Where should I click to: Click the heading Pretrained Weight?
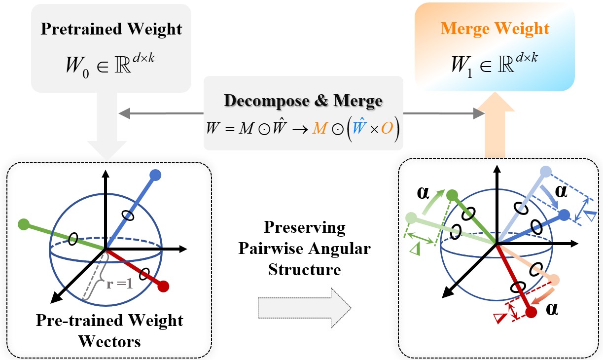[x=111, y=29]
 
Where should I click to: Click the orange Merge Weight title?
[x=495, y=28]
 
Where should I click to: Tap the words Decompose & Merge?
[x=303, y=101]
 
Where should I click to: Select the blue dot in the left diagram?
[x=155, y=175]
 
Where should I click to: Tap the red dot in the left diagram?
[x=164, y=286]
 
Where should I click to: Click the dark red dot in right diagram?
[x=531, y=312]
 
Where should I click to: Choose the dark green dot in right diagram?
[x=451, y=196]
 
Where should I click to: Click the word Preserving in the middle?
[x=304, y=228]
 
